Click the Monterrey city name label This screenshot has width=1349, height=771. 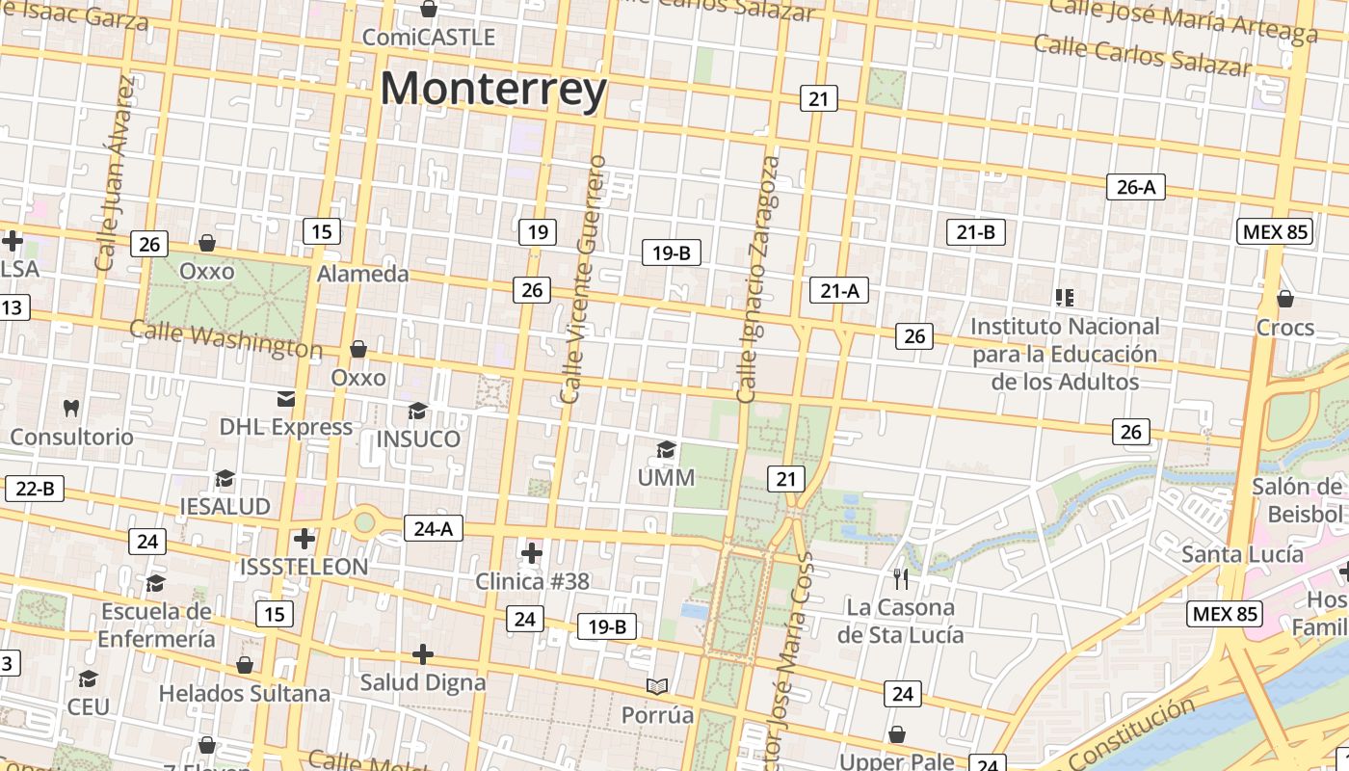click(x=493, y=89)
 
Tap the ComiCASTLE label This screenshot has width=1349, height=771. click(x=429, y=38)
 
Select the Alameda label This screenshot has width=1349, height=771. click(x=363, y=274)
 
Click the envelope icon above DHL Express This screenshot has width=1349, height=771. click(x=286, y=399)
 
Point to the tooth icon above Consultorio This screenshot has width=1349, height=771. click(x=70, y=408)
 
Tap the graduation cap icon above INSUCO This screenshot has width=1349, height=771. click(x=417, y=412)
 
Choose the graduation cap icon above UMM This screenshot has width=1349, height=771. click(x=666, y=449)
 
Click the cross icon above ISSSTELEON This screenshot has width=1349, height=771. click(x=304, y=539)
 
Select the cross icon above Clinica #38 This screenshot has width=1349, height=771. click(x=531, y=553)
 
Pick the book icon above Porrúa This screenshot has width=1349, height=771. click(x=657, y=686)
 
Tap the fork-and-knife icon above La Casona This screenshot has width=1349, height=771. click(x=901, y=578)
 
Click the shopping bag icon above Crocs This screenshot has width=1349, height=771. click(x=1284, y=299)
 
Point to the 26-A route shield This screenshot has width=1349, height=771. click(x=1135, y=187)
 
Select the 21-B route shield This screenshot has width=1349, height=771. click(x=976, y=231)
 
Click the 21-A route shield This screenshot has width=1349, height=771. click(x=839, y=290)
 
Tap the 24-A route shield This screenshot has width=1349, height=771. click(x=434, y=528)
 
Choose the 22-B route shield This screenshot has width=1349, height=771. click(x=35, y=489)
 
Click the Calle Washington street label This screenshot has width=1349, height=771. click(x=225, y=338)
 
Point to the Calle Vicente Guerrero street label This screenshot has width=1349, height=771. click(x=585, y=279)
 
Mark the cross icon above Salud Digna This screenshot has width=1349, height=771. click(x=422, y=654)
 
